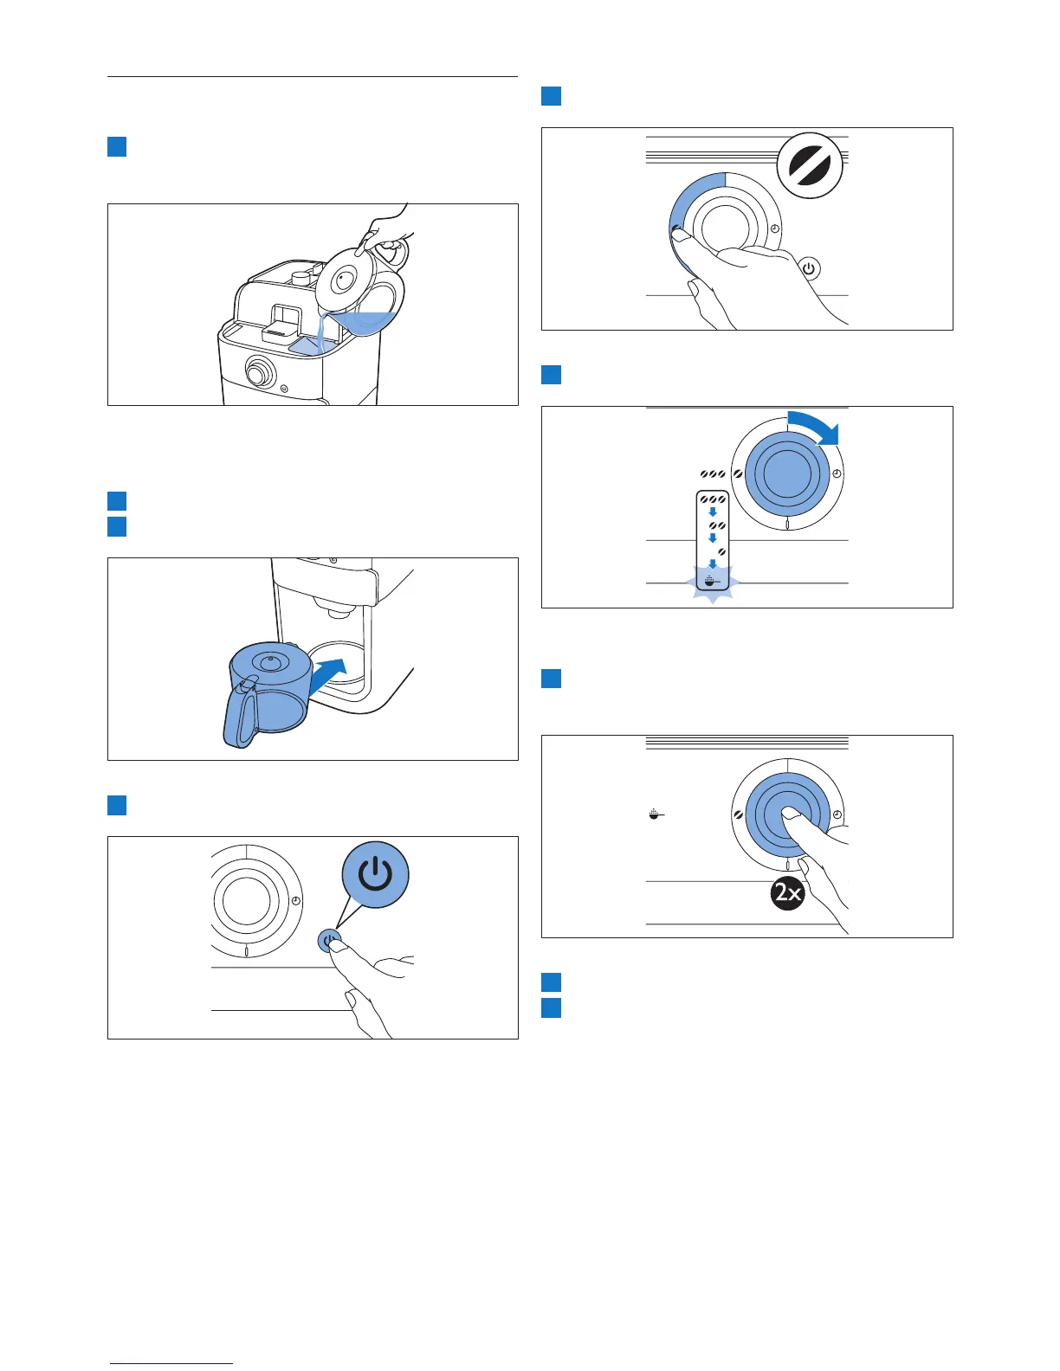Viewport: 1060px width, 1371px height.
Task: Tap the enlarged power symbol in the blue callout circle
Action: tap(375, 876)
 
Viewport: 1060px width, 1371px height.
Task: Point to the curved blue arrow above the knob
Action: tap(815, 428)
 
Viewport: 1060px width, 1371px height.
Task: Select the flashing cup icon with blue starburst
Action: tap(710, 583)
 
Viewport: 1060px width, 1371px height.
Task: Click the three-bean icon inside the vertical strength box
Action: tap(714, 500)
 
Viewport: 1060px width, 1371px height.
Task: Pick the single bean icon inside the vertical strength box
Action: tap(721, 550)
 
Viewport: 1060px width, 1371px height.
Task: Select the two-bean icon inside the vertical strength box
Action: tap(717, 525)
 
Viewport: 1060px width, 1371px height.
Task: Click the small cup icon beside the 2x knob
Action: tap(656, 814)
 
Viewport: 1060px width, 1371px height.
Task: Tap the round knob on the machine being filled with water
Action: tap(258, 375)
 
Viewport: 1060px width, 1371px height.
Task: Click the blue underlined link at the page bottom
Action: tap(172, 1362)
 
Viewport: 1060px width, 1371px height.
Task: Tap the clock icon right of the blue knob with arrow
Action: tap(837, 473)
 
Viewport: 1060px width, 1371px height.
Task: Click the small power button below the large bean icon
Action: tap(809, 268)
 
